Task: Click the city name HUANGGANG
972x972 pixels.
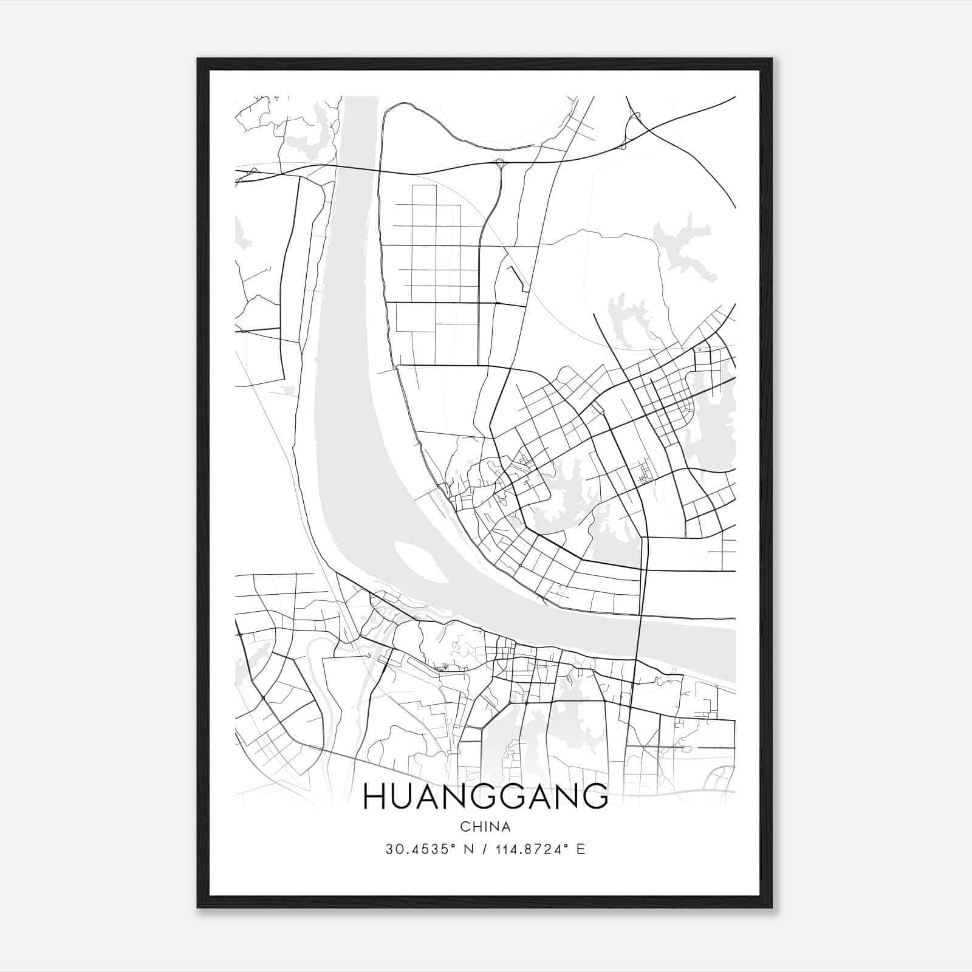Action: click(x=485, y=796)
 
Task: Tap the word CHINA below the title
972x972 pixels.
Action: click(x=485, y=827)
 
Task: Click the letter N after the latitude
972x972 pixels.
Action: click(x=468, y=849)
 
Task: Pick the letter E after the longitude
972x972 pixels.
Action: click(x=581, y=849)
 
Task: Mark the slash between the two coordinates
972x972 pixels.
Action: click(x=482, y=849)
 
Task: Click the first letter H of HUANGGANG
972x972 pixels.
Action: click(x=375, y=796)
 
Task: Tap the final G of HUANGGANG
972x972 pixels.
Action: click(x=595, y=796)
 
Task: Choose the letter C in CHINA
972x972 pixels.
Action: click(x=465, y=827)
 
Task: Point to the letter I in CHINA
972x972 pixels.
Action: click(x=485, y=827)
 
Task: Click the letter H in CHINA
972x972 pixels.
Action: click(x=476, y=827)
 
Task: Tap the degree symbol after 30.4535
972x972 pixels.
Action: click(x=453, y=846)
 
